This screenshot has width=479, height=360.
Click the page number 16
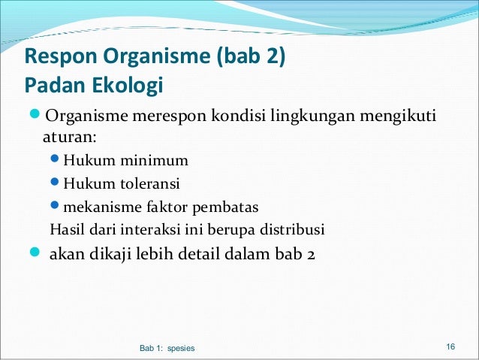450,346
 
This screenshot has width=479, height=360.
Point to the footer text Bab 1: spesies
167,348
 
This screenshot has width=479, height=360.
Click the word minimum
158,160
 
